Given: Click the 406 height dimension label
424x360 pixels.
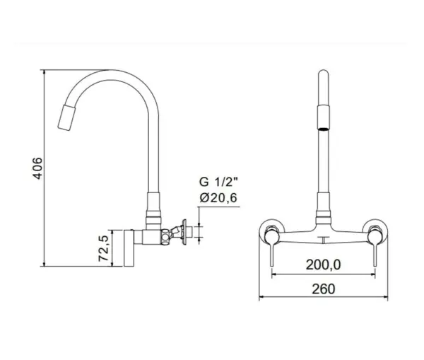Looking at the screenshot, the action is [37, 168].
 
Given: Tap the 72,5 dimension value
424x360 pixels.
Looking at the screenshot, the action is [104, 248].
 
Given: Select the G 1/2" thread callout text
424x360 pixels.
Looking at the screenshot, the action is [218, 182].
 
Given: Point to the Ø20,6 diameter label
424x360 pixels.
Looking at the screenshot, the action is [218, 198].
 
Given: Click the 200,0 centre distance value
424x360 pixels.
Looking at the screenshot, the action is [324, 265].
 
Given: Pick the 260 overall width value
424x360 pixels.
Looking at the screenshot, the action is [324, 289].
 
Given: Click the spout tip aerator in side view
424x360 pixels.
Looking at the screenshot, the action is [66, 117].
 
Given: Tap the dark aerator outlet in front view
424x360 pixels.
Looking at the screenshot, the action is [324, 129].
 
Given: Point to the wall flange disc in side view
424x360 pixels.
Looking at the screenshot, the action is [184, 233].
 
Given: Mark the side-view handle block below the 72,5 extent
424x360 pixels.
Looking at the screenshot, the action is [129, 248].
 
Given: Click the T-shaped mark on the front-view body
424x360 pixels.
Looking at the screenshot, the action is [324, 240].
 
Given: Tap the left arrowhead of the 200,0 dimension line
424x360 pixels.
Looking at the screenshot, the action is [273, 274].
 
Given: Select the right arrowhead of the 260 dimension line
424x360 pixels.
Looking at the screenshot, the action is [385, 296].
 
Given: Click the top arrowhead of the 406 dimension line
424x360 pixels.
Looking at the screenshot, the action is [44, 72].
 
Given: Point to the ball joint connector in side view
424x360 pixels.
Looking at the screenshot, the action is [165, 236].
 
